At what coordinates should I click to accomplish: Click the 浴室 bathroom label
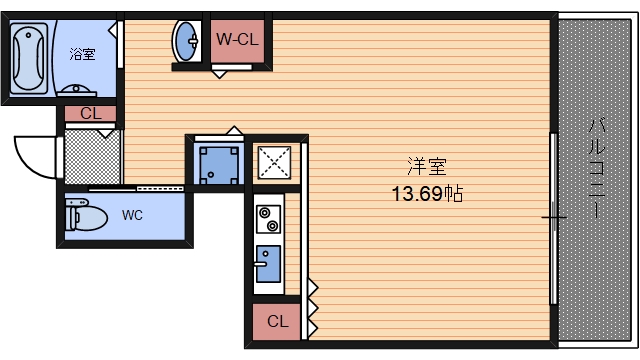point(82,54)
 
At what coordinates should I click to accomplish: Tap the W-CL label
point(239,40)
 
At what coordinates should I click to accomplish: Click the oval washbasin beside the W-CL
point(187,41)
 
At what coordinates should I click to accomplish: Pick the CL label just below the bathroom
point(90,113)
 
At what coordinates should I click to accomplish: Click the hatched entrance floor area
point(93,156)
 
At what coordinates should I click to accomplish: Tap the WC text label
point(132,214)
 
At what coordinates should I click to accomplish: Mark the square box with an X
point(273,161)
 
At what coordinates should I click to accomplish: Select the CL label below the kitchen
point(278,322)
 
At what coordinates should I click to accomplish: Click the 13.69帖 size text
point(426,193)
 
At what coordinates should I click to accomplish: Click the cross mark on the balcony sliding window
point(555,216)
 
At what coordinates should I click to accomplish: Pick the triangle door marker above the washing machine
point(234,130)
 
